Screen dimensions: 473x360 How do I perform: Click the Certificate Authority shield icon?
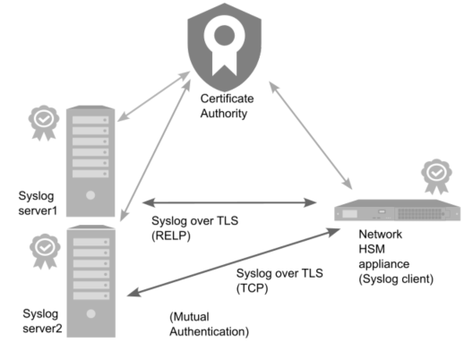[225, 47]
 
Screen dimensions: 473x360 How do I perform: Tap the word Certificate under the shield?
[227, 99]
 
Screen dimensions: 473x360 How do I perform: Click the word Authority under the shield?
[224, 114]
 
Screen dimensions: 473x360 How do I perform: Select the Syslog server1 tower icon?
[90, 161]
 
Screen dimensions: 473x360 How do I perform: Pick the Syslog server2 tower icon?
[91, 281]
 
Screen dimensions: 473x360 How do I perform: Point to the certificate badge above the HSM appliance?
[436, 176]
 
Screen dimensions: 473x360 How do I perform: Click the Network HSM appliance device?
[397, 210]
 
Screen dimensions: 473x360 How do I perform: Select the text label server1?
[38, 210]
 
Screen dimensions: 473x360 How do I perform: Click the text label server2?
[42, 329]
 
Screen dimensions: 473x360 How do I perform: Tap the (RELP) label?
[171, 236]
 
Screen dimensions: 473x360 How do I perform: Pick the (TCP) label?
[253, 288]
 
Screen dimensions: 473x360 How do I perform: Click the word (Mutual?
[189, 317]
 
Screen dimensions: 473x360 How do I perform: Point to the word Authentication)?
[209, 331]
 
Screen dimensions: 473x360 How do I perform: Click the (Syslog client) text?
[396, 279]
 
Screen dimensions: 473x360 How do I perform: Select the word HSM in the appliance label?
[372, 249]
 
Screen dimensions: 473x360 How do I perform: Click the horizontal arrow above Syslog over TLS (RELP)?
[229, 202]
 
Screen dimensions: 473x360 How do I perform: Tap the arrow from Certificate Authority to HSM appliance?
[310, 135]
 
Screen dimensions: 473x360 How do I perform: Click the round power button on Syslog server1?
[90, 195]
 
